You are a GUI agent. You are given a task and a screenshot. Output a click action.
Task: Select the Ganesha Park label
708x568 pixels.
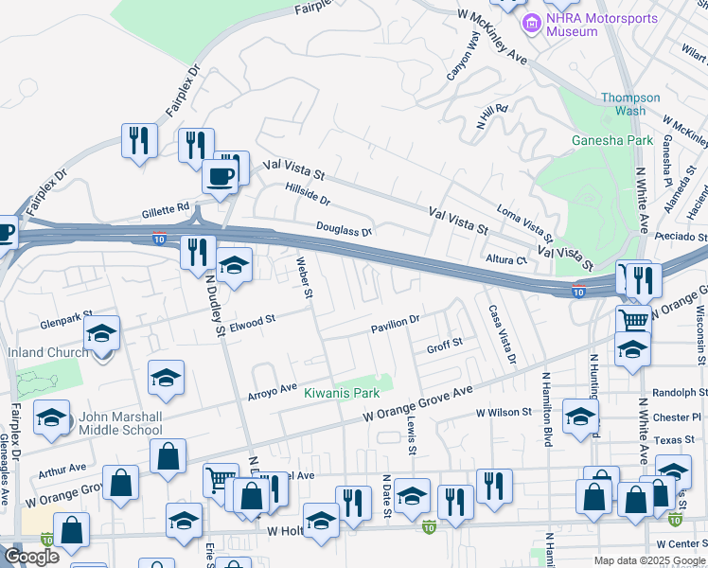[x=612, y=140]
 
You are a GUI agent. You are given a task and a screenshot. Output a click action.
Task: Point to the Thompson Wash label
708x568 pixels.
[x=630, y=104]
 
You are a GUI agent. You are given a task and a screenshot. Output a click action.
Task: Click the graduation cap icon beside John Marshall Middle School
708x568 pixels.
[x=52, y=417]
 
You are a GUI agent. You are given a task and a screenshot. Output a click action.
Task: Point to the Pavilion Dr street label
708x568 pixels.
[x=395, y=323]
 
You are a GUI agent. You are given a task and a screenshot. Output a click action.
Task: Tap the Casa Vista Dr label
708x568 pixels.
[x=502, y=334]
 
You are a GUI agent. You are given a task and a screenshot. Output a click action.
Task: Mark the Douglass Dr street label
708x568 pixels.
[x=344, y=230]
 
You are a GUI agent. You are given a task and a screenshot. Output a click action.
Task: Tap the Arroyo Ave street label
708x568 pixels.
[x=273, y=390]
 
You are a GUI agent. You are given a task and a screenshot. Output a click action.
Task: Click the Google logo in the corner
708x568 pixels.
[x=30, y=557]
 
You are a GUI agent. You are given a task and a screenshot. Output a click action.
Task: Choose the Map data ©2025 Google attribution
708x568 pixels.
[x=649, y=560]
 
